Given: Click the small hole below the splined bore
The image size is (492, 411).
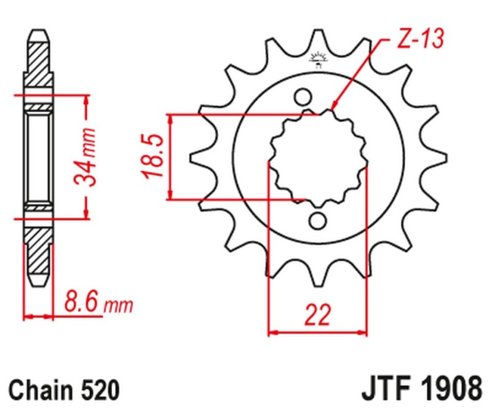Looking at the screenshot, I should (x=318, y=220).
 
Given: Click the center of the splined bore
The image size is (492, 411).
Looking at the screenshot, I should (x=318, y=159).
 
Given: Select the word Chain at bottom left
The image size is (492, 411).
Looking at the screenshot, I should (x=42, y=390).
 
